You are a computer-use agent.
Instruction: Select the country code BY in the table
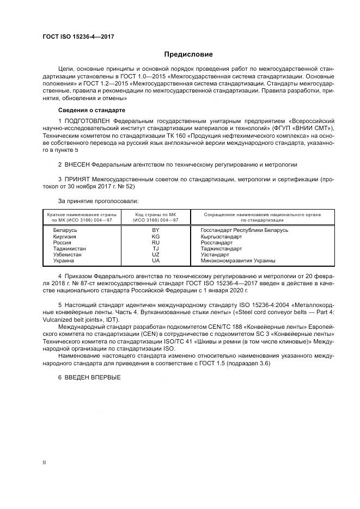[156, 230]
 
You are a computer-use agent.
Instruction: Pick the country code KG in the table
[156, 236]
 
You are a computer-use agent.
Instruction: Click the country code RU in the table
[156, 242]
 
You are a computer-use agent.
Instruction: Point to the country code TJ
[156, 248]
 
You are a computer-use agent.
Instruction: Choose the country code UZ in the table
[156, 254]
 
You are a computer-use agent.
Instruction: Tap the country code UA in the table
[156, 260]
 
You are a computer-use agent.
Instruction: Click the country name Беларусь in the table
[65, 230]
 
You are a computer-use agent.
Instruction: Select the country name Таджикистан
[70, 248]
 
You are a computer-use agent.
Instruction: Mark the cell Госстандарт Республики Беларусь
[240, 230]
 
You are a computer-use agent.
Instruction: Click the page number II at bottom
[44, 463]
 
